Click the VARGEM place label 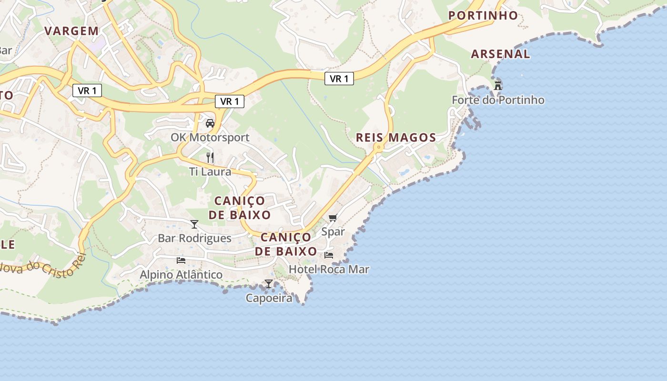[x=71, y=31]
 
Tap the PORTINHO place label [x=483, y=15]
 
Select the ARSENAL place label [x=500, y=54]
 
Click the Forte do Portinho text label [x=498, y=100]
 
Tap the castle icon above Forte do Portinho [x=498, y=86]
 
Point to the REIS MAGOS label [x=396, y=138]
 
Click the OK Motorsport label [x=210, y=138]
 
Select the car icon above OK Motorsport [x=210, y=123]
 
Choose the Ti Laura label [x=210, y=171]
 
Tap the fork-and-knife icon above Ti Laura [x=210, y=157]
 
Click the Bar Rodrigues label [x=194, y=238]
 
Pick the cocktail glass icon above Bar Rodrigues [x=194, y=224]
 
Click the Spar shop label [x=333, y=232]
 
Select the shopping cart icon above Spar [x=333, y=218]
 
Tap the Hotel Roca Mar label [x=329, y=269]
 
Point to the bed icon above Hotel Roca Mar [x=329, y=255]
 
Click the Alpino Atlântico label [x=181, y=275]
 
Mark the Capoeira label [x=269, y=298]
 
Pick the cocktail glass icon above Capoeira [x=269, y=284]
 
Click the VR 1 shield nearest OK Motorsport [x=230, y=101]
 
